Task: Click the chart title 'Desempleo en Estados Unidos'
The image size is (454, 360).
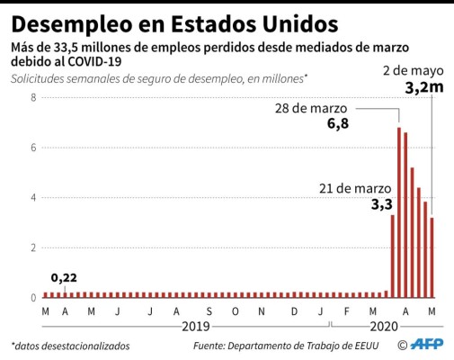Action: [175, 20]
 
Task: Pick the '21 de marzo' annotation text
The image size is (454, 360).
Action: [355, 188]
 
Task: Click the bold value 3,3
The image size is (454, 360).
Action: [381, 204]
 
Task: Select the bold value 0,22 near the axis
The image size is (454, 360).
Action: [63, 278]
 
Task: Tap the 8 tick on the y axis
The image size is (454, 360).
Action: [32, 96]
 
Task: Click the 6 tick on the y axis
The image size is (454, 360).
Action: [32, 147]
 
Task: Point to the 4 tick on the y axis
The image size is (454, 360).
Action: [32, 197]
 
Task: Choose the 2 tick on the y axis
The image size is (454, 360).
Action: [32, 247]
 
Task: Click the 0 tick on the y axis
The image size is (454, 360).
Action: [32, 298]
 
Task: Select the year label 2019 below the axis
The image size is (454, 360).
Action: [198, 326]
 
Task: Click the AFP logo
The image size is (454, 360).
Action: [426, 345]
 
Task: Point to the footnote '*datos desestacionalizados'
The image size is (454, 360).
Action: [70, 346]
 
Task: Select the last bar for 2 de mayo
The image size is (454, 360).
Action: [432, 256]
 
